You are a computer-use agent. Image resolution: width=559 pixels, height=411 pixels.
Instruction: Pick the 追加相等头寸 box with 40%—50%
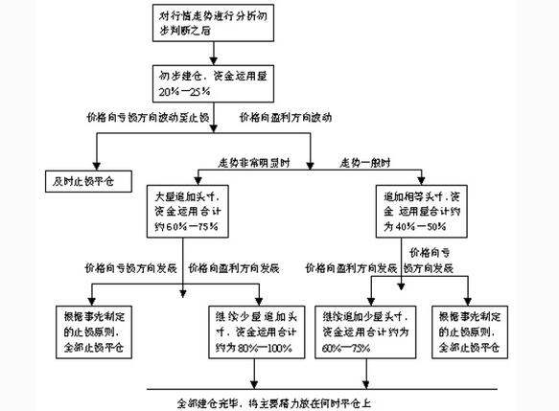(422, 210)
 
